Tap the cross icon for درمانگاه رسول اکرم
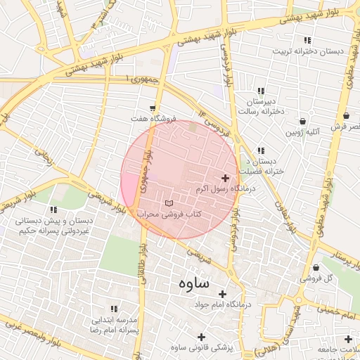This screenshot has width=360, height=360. click(x=225, y=179)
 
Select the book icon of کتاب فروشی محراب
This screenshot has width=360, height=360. click(x=167, y=202)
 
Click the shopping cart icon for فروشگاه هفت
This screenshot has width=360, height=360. click(x=153, y=108)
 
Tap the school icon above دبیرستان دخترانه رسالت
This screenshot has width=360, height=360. click(x=261, y=91)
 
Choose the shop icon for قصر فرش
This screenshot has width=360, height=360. click(x=346, y=116)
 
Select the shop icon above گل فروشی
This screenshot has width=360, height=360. click(x=316, y=267)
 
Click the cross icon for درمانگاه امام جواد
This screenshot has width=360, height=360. click(x=223, y=294)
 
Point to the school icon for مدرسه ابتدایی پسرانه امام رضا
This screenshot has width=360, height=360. click(x=113, y=309)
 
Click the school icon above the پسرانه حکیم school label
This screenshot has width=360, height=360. click(x=53, y=209)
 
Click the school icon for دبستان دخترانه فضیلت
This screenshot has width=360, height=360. click(x=261, y=150)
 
